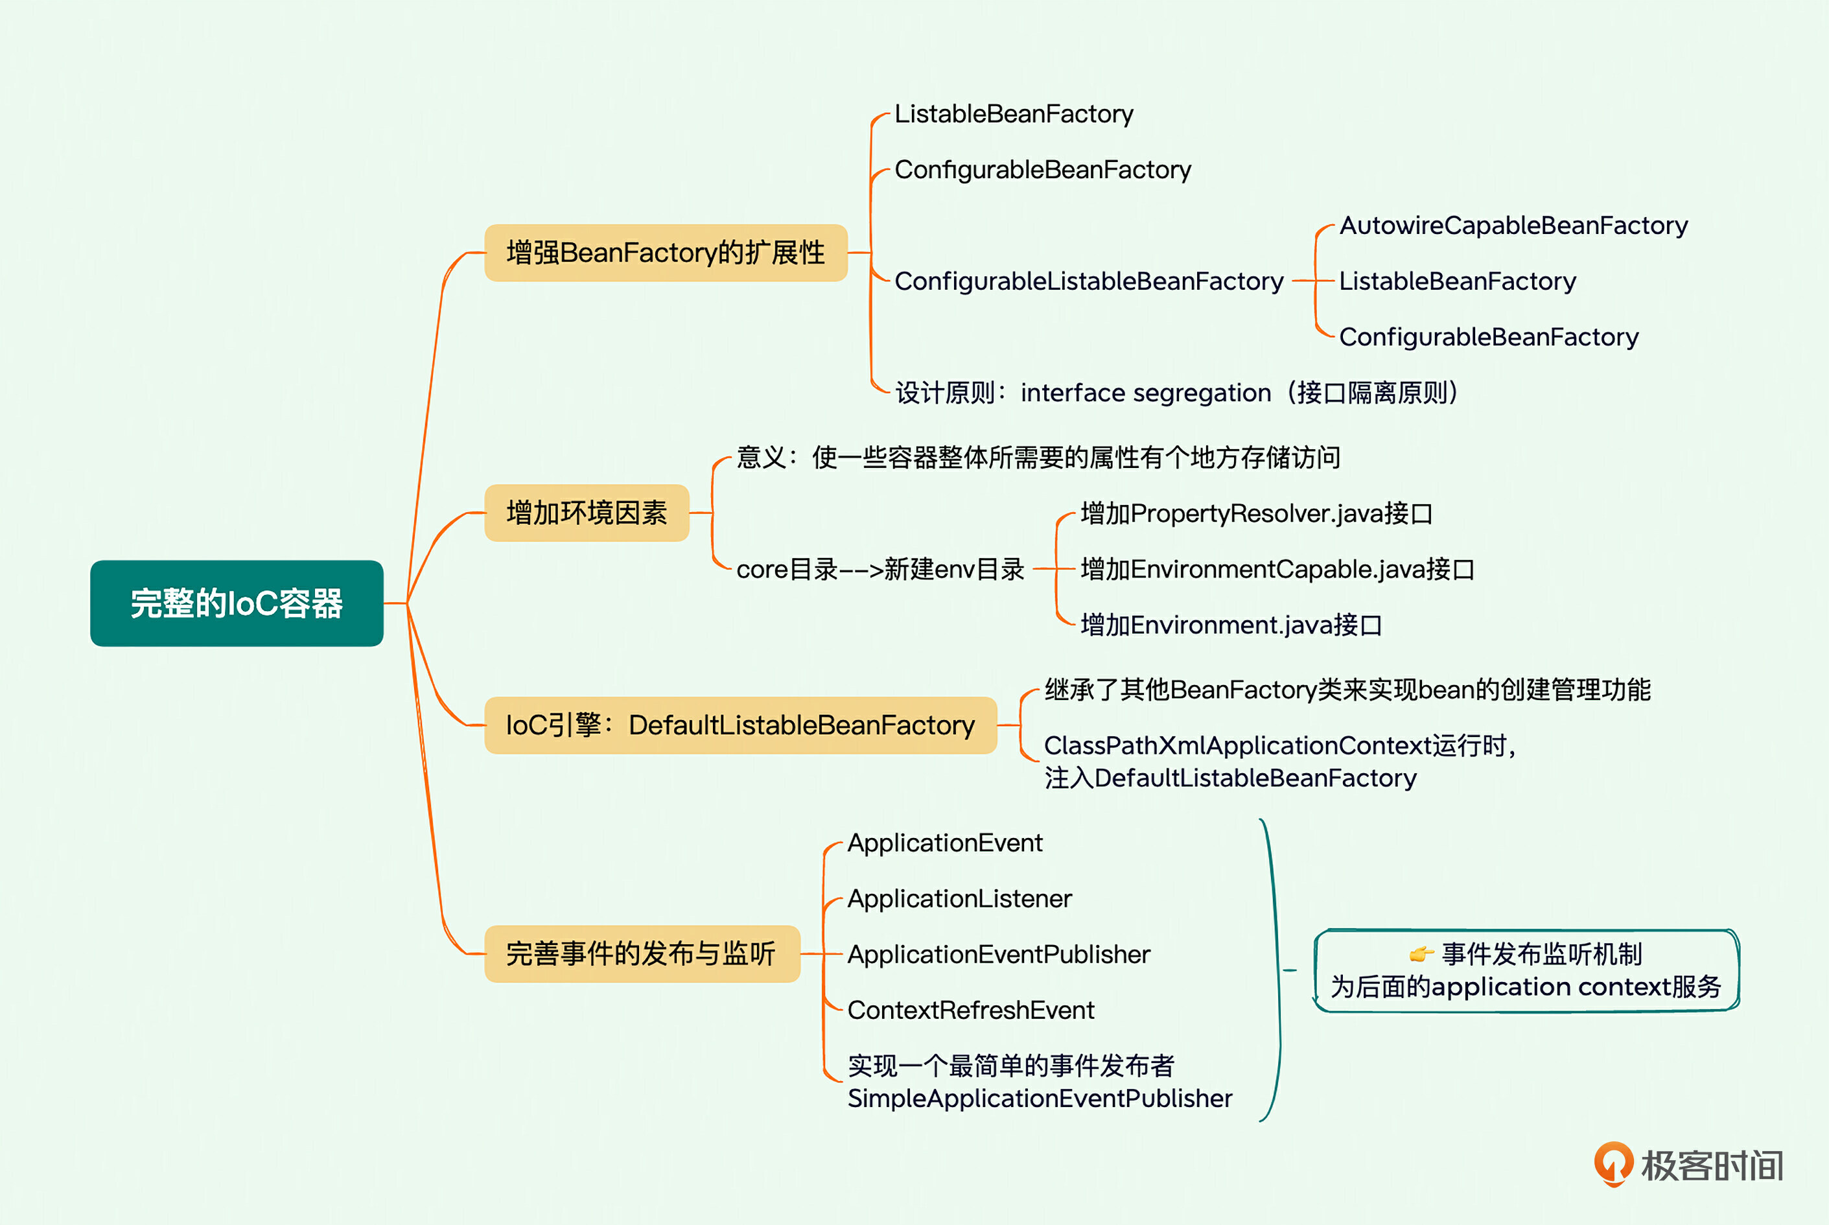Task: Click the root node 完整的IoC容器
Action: coord(237,603)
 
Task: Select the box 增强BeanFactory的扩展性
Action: coord(666,252)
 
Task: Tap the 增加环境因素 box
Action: coord(587,513)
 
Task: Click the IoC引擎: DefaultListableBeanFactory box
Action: coord(740,725)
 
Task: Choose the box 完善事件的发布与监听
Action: coord(642,954)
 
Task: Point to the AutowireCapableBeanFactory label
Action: coord(1513,226)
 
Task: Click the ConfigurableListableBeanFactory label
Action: coord(1088,281)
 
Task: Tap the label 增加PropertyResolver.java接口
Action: coord(1256,513)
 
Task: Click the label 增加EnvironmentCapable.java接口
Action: coord(1277,570)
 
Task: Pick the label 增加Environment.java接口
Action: coord(1231,625)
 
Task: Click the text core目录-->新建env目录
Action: coord(880,570)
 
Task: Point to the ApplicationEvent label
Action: coord(944,843)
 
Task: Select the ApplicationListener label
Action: coord(959,898)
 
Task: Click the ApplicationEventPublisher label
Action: coord(999,955)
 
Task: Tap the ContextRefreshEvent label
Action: coord(970,1010)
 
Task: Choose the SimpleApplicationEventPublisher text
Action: coord(1039,1099)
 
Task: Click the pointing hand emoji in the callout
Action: coord(1421,954)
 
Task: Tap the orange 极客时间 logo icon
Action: coord(1613,1163)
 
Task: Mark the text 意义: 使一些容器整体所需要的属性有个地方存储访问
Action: coord(1038,457)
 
